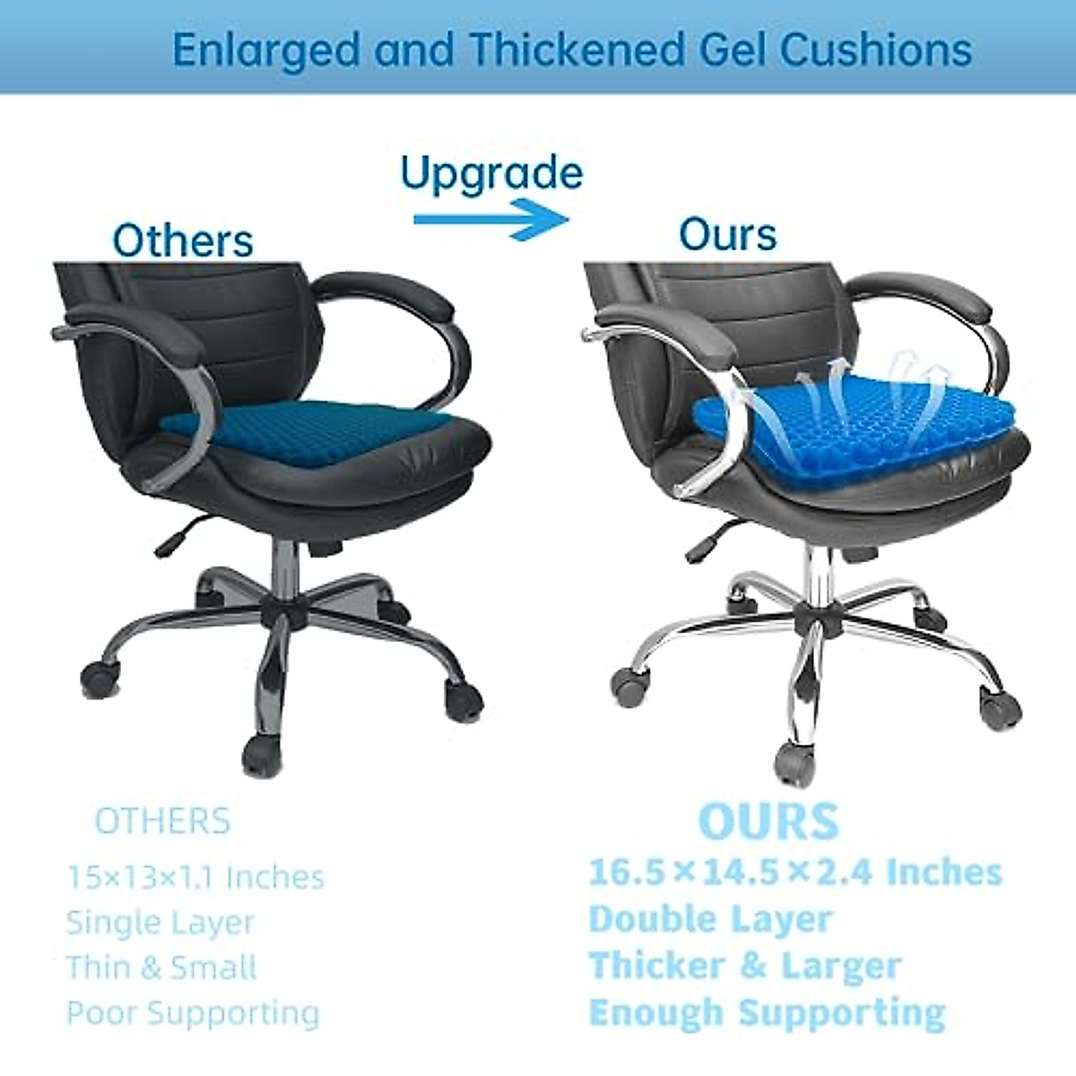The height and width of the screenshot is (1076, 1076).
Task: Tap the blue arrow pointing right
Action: point(491,220)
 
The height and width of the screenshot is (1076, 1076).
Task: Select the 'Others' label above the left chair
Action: point(183,240)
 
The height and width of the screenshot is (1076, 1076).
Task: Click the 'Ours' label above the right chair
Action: point(727,235)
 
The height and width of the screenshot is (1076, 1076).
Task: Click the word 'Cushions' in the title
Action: point(875,49)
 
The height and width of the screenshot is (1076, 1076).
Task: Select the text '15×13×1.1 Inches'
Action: point(195,877)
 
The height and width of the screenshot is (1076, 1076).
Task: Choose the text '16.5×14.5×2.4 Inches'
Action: point(794,872)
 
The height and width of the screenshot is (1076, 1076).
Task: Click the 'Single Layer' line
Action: point(161,922)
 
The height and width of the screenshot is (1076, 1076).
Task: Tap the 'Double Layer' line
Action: point(711,919)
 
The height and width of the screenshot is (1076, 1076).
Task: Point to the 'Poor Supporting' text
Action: point(193,1013)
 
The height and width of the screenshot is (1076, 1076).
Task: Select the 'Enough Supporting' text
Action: point(767,1012)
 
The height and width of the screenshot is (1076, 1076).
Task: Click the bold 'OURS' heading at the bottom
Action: point(768,820)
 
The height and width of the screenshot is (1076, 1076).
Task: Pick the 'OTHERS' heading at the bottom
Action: point(162,821)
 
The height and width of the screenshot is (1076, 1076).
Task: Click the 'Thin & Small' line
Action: point(161,968)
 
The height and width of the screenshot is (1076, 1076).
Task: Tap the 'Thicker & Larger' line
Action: point(745,966)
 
